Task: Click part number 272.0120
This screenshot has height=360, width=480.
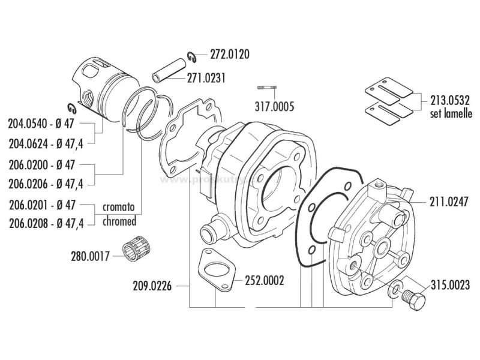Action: coord(230,54)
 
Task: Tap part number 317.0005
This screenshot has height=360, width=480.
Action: coord(275,107)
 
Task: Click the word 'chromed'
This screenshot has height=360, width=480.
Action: coord(119,221)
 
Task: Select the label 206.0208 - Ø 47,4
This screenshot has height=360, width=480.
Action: coord(46,223)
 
